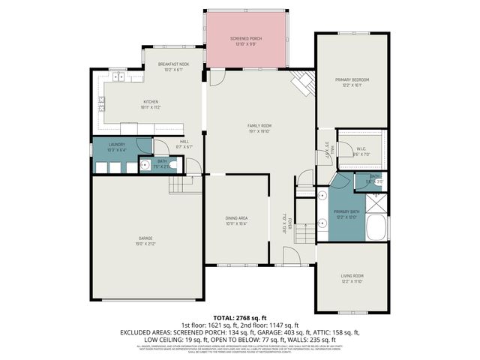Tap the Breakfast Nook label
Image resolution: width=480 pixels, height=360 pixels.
coord(172,65)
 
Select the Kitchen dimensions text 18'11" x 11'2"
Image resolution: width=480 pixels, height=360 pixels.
coord(151,107)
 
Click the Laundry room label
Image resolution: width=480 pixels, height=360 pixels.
coord(116,144)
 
